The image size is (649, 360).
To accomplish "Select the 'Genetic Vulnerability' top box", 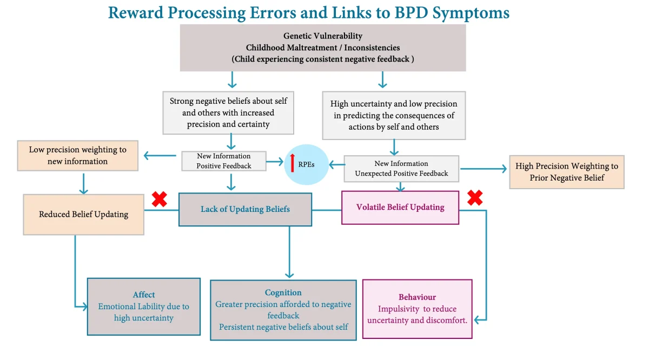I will (x=323, y=48).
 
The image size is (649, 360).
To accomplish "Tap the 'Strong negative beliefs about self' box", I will (x=228, y=112).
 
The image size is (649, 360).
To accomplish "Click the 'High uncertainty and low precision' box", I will (x=394, y=115).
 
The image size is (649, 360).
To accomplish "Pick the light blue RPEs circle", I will (x=307, y=164).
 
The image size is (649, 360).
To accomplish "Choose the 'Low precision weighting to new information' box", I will (x=78, y=155).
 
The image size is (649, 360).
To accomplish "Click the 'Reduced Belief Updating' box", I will (x=83, y=215).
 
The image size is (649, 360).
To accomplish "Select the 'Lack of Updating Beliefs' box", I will (x=245, y=209).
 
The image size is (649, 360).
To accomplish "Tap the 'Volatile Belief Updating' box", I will (x=400, y=207).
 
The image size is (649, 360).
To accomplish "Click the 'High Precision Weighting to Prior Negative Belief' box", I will (x=566, y=172).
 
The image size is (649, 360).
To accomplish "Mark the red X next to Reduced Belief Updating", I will (x=159, y=199).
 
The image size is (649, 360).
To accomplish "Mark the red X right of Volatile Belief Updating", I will (x=475, y=198).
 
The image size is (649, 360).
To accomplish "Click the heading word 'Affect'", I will (x=144, y=295).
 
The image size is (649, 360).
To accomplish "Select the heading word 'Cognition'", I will (x=283, y=292).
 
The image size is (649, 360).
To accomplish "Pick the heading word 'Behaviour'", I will (x=417, y=297).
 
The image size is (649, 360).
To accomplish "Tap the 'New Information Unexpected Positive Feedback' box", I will (x=401, y=168).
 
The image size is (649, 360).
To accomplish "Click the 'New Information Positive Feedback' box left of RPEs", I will (x=224, y=161).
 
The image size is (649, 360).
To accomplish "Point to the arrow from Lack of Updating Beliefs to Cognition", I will (x=289, y=251).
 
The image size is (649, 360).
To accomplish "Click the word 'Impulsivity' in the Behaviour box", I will (x=397, y=309).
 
